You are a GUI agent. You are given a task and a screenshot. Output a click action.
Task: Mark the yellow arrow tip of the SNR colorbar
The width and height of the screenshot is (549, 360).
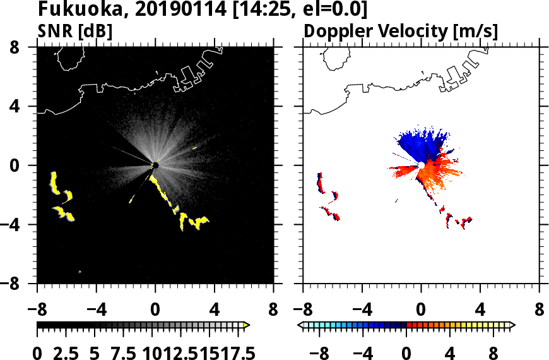(x=247, y=325)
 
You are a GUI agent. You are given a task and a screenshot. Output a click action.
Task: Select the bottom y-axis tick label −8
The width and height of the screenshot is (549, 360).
(x=19, y=284)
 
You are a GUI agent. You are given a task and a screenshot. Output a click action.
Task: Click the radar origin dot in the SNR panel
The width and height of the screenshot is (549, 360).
(x=155, y=165)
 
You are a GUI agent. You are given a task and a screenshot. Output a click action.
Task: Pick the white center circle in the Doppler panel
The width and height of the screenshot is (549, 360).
(x=421, y=165)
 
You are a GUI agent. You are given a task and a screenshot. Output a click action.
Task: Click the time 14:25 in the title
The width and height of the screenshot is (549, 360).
(x=269, y=10)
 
